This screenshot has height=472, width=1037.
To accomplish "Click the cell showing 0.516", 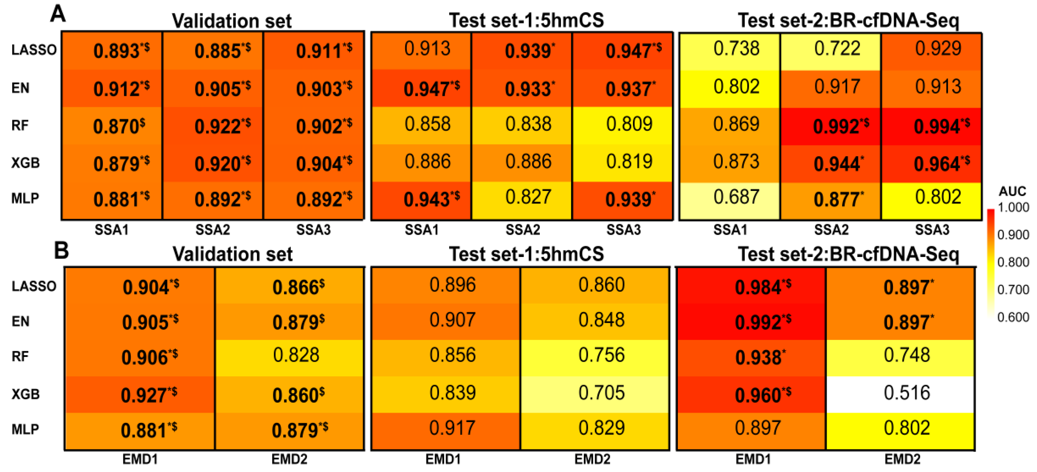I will click(907, 393).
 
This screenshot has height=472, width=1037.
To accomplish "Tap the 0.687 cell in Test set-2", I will click(736, 197).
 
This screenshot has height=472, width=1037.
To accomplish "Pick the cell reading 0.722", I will click(837, 49).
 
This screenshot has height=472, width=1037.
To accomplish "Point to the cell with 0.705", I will click(601, 393).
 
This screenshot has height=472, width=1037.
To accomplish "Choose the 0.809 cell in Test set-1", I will click(629, 124).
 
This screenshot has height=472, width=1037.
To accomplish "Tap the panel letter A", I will click(58, 14).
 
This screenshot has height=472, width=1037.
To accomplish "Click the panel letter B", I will click(61, 250).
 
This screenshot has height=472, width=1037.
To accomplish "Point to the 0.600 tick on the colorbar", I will click(1013, 317).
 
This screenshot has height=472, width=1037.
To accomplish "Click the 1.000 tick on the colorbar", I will click(1013, 208).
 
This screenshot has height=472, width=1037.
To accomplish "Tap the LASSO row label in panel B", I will click(34, 286).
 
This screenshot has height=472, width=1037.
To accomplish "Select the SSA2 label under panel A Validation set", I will click(212, 230).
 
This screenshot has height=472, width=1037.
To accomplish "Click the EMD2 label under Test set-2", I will click(902, 459).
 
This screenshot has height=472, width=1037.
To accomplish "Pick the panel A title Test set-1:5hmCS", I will click(526, 20).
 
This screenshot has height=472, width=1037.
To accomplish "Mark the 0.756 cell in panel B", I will click(601, 355).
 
